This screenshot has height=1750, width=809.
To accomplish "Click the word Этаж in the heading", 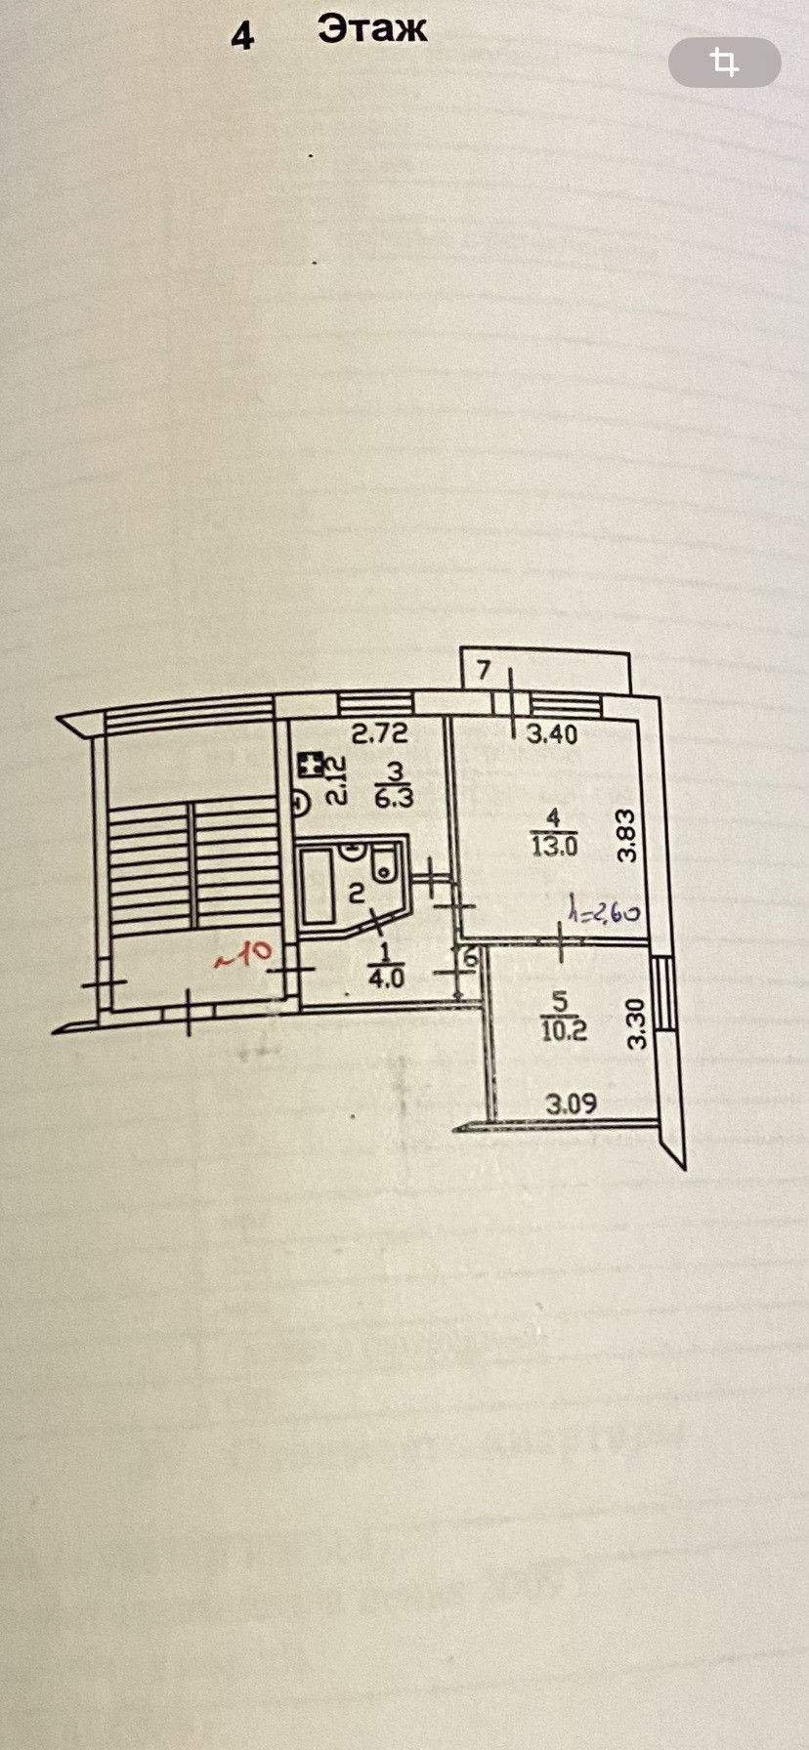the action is pos(372,29).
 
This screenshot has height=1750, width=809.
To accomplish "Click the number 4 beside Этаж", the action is pos(241,36).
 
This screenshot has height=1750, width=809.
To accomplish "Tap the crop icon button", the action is pos(724,62).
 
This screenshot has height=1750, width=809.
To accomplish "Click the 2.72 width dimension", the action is pos(379,733).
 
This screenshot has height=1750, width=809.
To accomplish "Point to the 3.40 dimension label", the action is pos(552,734).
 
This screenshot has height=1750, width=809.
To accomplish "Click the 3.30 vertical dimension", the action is pos(637,1022).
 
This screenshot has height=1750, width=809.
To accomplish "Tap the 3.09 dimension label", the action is pos(571,1104).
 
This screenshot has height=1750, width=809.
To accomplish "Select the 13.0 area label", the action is pos(554,846).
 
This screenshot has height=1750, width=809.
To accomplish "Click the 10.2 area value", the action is pos(564,1030).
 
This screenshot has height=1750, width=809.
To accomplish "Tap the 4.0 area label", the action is pos(386,978).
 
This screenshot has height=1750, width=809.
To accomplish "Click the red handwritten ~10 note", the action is pos(242,954).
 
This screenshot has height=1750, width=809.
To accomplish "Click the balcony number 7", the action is pos(484,671).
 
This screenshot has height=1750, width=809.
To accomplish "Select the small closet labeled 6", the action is pos(470,959).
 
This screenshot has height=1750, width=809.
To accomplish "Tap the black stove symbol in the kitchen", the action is pos(312,766).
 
